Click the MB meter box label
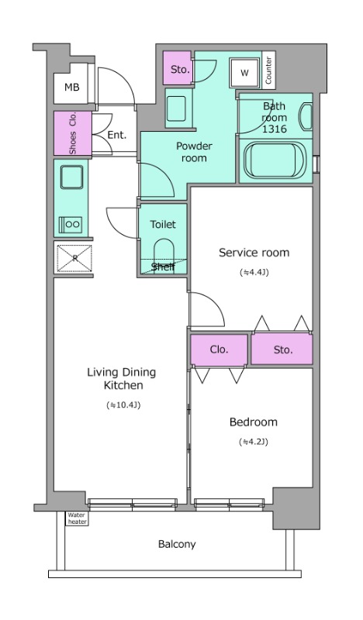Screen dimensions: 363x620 point(71,87)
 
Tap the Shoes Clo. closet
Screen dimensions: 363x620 point(73,133)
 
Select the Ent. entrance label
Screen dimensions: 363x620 point(117,135)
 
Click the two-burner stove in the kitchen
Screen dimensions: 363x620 point(71,225)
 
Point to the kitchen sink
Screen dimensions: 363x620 point(71,177)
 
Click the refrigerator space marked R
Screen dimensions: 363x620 point(74,259)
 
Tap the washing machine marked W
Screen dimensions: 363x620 point(244,73)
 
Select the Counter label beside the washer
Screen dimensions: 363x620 point(268,71)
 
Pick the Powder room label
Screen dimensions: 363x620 point(194,152)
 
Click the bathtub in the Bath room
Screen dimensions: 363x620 point(275,161)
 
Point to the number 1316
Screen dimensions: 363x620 point(275,129)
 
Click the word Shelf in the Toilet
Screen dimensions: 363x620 point(163,267)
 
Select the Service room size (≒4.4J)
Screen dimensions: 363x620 point(254,273)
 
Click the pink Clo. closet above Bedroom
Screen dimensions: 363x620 point(219,350)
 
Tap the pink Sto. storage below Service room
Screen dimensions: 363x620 point(282,350)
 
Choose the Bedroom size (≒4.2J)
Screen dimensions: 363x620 point(254,442)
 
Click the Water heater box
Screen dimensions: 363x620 point(77,518)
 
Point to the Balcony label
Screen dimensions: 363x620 point(177,545)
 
